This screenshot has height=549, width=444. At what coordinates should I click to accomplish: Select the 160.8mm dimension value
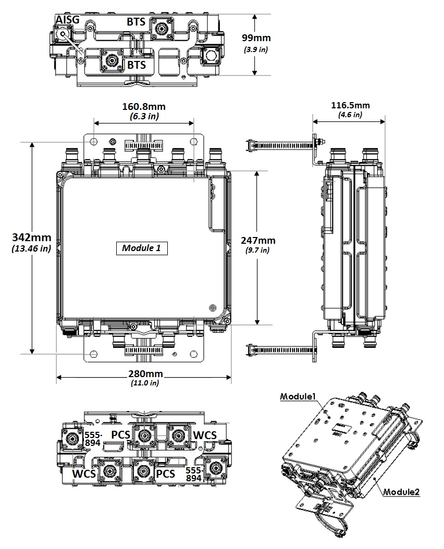coord(144,107)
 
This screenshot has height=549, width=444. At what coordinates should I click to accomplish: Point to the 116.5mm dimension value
coord(350,105)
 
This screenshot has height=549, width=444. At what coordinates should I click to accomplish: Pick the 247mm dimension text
coord(258,240)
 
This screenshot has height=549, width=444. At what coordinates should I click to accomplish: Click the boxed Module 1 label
coord(141,248)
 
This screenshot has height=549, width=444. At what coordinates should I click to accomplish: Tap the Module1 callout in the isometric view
coord(299,396)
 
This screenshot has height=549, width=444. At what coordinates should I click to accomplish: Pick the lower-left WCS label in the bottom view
coord(84,473)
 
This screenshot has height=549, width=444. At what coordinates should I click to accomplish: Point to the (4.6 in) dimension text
coord(350,115)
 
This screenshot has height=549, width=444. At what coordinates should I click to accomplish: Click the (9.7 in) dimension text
coord(258,251)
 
